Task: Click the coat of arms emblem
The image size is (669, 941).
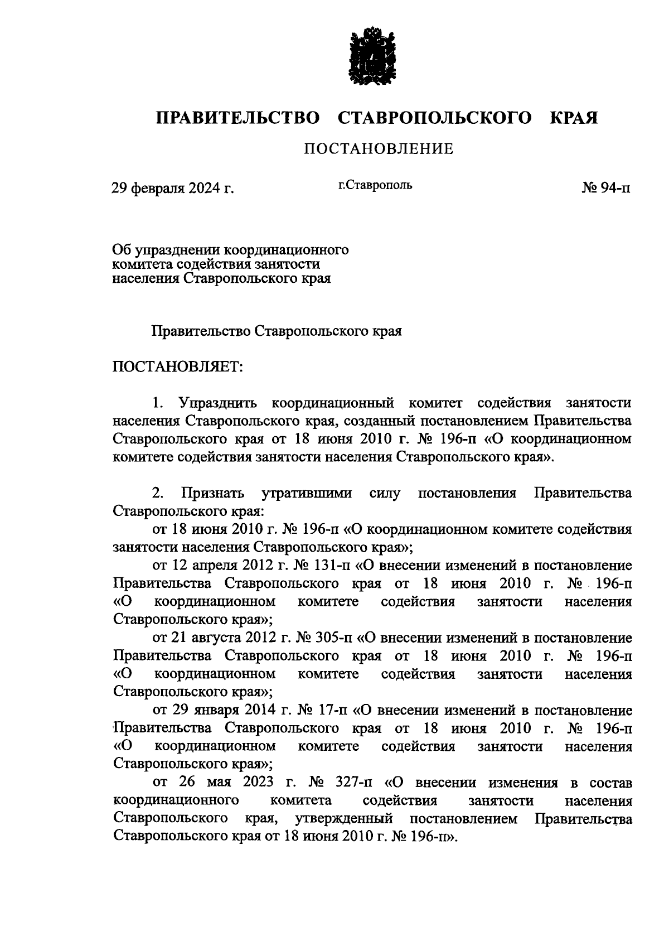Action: pos(371,56)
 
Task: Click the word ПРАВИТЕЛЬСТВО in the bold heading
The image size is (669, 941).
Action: pos(237,118)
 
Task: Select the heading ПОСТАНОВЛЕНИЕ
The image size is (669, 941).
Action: pos(378,149)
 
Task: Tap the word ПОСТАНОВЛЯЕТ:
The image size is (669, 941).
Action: pos(177,367)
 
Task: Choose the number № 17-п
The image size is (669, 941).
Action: pos(323,710)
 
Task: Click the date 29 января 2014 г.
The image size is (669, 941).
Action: pos(229,710)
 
